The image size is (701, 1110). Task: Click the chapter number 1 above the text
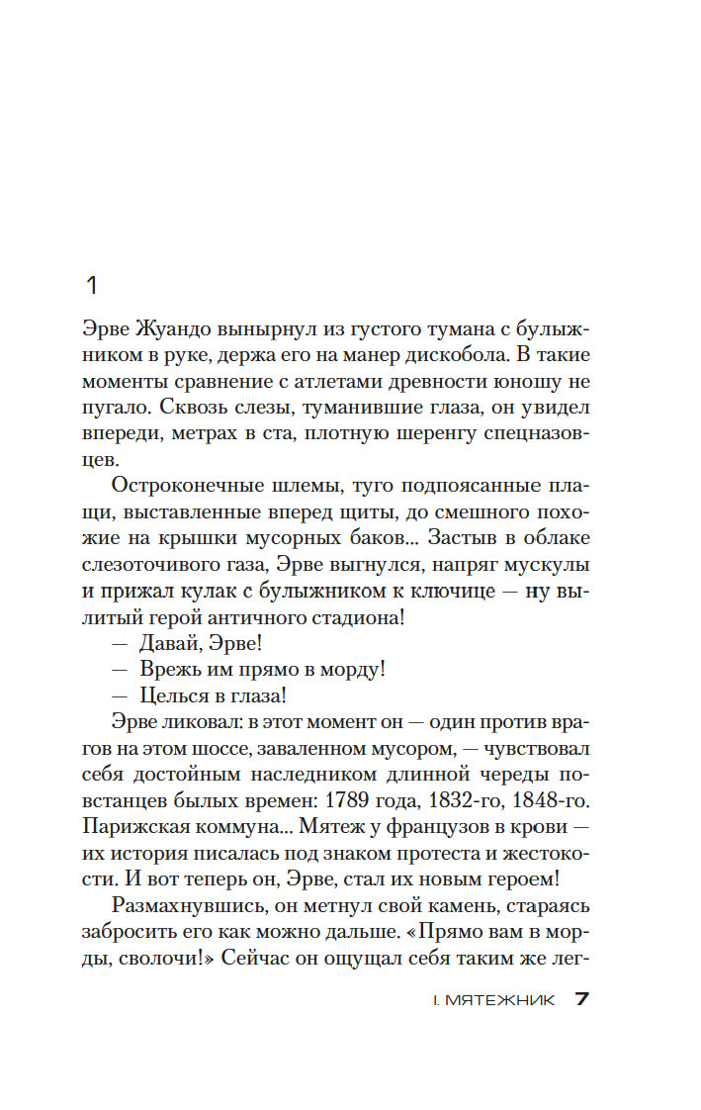click(x=92, y=287)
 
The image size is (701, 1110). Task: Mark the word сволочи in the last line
click(x=163, y=957)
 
